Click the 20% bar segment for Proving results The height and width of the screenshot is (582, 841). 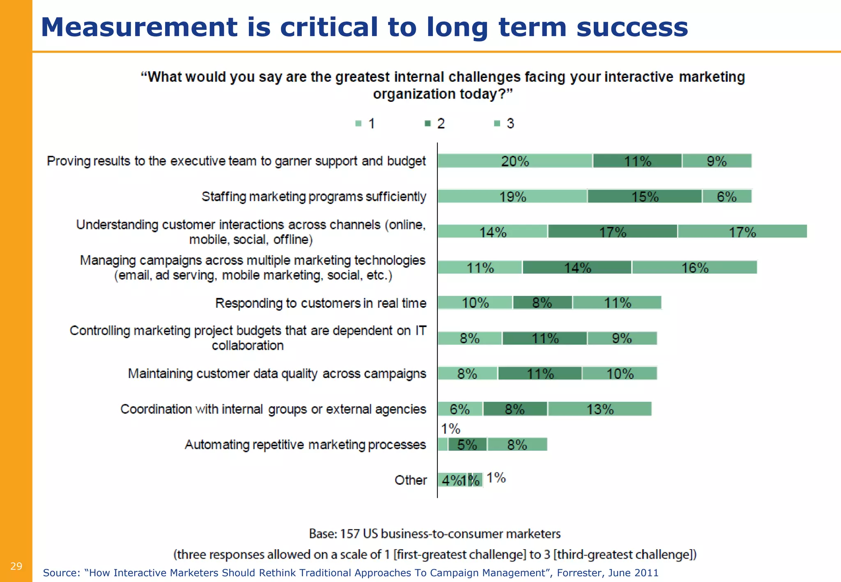[515, 161]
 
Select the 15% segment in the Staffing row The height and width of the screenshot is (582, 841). [644, 197]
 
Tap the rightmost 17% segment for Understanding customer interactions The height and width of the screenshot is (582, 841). [742, 232]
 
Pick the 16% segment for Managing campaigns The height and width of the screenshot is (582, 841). [694, 268]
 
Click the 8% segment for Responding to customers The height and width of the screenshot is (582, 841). [542, 303]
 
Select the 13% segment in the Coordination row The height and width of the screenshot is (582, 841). [600, 409]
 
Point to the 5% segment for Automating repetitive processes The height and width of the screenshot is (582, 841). [467, 445]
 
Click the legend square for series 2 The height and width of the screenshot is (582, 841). [427, 123]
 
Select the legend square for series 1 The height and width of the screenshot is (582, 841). [358, 123]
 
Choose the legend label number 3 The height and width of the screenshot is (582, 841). [510, 124]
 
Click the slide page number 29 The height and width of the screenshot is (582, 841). [16, 566]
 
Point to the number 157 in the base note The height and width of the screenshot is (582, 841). [350, 534]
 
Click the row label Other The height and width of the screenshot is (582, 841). [410, 480]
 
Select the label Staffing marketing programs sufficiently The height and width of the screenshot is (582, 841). [314, 197]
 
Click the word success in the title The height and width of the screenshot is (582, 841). [632, 27]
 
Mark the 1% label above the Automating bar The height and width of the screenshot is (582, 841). [450, 429]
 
